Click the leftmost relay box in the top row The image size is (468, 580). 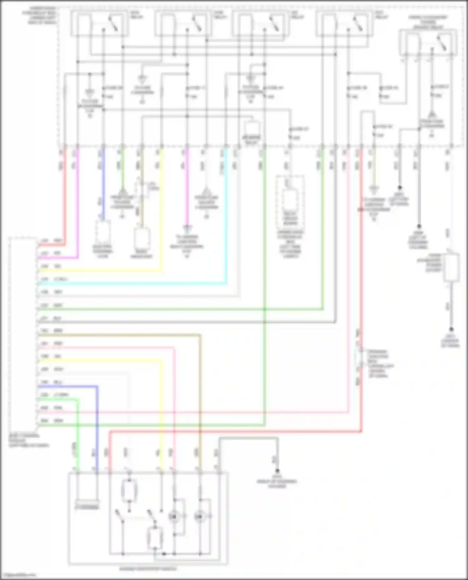[x=99, y=23]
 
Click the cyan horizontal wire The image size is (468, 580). [x=131, y=284]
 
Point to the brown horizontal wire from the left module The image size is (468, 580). [x=119, y=335]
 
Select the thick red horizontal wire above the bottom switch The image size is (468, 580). [x=234, y=432]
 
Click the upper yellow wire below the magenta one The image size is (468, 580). [x=100, y=271]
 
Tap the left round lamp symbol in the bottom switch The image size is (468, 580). [x=174, y=517]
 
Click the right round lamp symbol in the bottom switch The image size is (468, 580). [x=199, y=517]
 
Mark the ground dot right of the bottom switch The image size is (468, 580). [x=277, y=471]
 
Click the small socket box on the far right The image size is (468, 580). [x=451, y=267]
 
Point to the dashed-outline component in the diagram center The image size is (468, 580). [x=290, y=201]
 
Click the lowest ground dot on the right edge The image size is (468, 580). [x=451, y=329]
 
